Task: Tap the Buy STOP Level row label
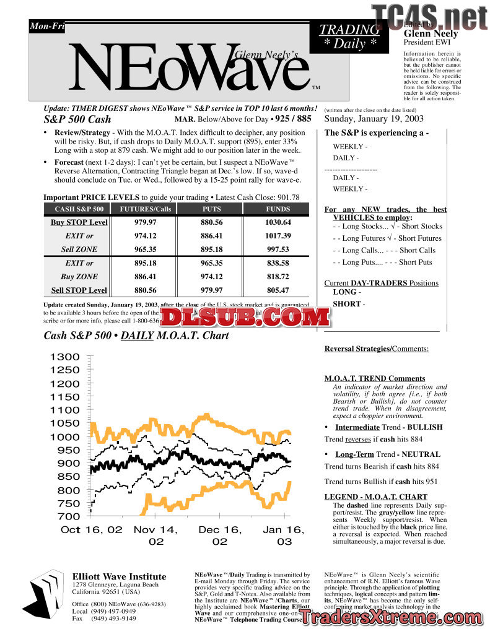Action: [79, 222]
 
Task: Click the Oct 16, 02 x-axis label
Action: [91, 530]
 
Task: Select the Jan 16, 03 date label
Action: [284, 536]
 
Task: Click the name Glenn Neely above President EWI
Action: [431, 33]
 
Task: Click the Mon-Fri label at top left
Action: [46, 27]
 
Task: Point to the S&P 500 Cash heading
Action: [77, 119]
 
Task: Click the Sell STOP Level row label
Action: [79, 290]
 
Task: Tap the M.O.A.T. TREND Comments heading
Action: [375, 378]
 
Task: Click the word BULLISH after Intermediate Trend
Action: [425, 427]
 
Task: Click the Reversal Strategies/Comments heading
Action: [377, 349]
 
